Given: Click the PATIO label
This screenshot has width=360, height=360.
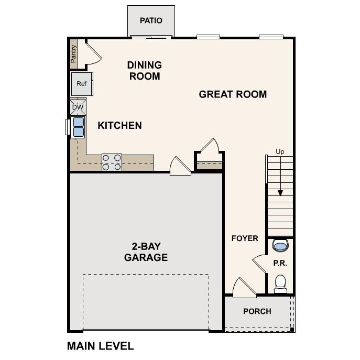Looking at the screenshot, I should (151, 20).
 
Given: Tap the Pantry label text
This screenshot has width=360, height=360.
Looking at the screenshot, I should (74, 53).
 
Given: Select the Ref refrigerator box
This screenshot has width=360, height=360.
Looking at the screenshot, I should (82, 84).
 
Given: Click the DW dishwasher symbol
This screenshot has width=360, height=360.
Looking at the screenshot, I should (78, 107).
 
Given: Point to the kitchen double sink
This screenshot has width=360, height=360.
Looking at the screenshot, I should (78, 127).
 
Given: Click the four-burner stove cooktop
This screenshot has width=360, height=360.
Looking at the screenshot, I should (112, 162).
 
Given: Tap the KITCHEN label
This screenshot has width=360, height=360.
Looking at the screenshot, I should (119, 126).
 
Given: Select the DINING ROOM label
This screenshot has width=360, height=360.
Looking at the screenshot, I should (144, 71).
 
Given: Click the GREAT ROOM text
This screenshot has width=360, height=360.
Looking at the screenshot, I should (233, 94).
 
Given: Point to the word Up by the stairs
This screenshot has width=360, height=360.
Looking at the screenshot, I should (280, 152).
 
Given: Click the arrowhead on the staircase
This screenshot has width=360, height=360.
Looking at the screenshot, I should (280, 192).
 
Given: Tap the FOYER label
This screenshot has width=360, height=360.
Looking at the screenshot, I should (245, 238).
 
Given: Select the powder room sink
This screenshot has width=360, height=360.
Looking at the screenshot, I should (280, 245).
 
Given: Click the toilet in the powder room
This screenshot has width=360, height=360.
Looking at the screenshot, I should (281, 283).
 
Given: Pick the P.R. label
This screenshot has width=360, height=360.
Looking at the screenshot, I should (280, 263).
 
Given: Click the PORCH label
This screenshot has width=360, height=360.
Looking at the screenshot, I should (257, 311).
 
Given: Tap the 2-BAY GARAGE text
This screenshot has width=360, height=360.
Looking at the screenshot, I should (146, 252).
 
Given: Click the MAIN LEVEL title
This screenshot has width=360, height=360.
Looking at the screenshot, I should (101, 346).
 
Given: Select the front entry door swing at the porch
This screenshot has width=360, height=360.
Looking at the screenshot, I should (243, 287).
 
